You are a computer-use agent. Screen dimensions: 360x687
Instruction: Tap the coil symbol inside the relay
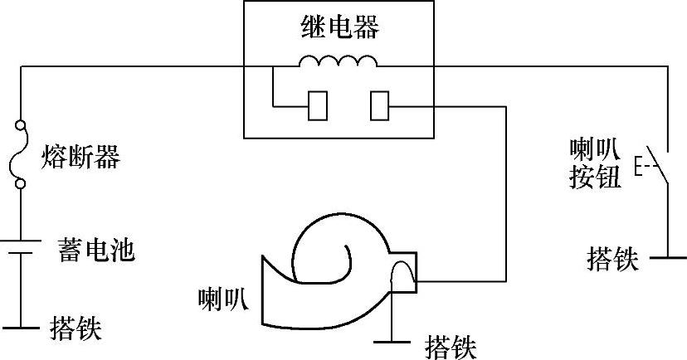(x=338, y=61)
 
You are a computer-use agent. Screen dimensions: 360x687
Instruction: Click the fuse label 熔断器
(x=80, y=157)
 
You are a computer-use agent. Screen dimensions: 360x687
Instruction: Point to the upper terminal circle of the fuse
(x=21, y=128)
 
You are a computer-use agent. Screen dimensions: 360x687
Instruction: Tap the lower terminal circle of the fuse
(x=21, y=184)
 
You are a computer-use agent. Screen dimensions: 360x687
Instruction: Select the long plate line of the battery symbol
(x=21, y=241)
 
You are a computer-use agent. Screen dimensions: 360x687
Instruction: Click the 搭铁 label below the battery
(x=76, y=328)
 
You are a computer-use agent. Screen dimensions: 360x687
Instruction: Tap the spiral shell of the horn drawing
(x=328, y=249)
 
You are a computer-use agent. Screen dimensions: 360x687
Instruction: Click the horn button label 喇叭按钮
(x=595, y=163)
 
